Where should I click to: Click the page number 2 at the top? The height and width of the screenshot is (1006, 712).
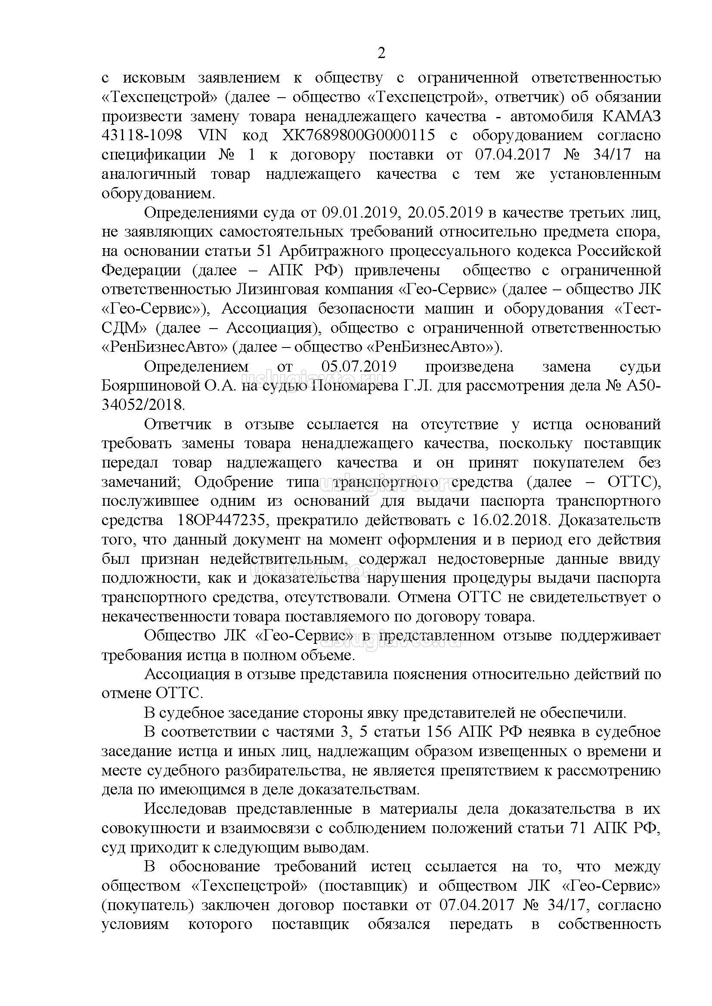(381, 53)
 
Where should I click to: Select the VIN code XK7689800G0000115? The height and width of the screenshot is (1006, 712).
(359, 136)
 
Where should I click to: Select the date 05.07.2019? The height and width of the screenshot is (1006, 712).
(359, 366)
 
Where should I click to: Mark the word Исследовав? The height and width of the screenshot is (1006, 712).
(185, 809)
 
